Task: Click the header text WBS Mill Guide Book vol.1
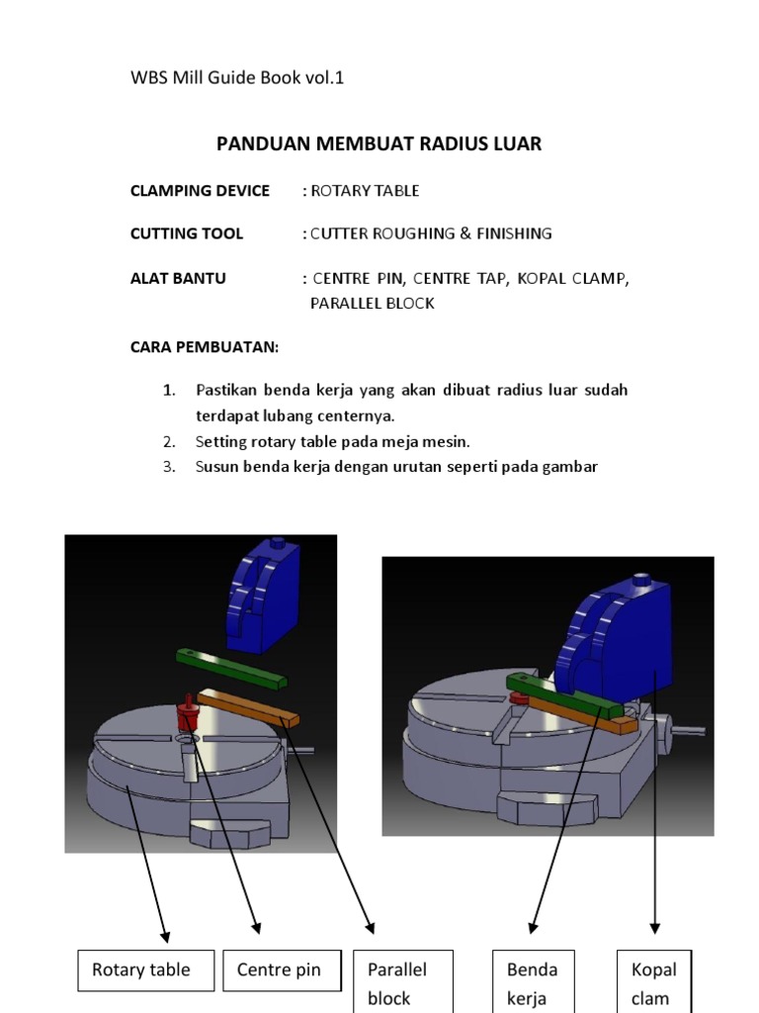[x=237, y=78]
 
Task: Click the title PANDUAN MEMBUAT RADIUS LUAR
[x=379, y=144]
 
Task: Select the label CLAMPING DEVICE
[x=200, y=191]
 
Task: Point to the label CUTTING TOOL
[x=187, y=234]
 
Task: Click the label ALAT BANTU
[x=178, y=279]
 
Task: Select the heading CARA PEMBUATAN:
[x=205, y=347]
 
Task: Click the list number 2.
[x=169, y=441]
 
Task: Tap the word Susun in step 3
[x=216, y=467]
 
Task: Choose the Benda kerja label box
[x=533, y=981]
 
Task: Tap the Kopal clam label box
[x=653, y=981]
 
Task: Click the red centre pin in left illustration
[x=187, y=713]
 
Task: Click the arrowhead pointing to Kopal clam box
[x=654, y=928]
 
